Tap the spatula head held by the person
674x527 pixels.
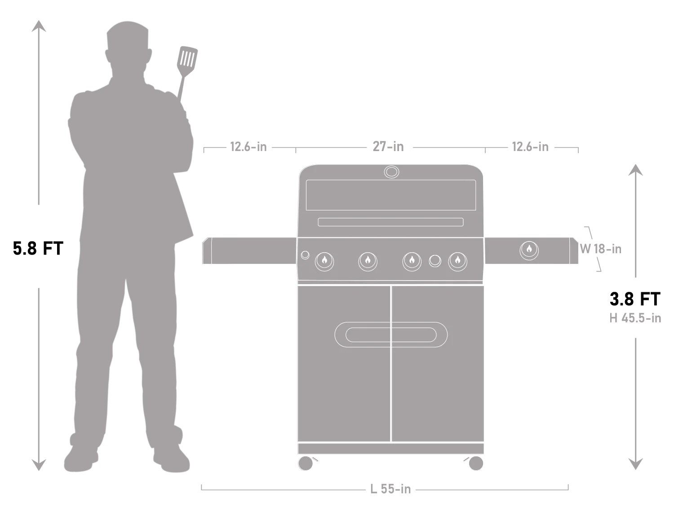click(187, 58)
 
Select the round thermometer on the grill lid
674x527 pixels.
click(391, 172)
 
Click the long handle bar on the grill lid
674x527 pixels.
click(390, 222)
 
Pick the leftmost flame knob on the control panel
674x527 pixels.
click(324, 261)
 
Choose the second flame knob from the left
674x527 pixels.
click(368, 261)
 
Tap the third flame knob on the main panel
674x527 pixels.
click(412, 261)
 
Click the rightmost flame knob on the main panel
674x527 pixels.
click(457, 261)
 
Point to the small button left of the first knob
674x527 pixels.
click(305, 255)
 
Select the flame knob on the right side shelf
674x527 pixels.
click(529, 250)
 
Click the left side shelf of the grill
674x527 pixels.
click(249, 250)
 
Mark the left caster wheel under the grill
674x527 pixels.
click(306, 463)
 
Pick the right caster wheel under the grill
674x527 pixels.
click(475, 463)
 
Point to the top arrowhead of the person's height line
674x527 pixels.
click(38, 26)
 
